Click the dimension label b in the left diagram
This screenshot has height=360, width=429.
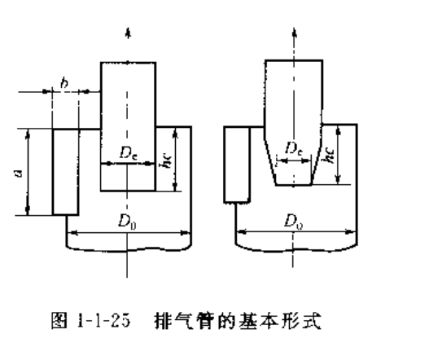(64, 83)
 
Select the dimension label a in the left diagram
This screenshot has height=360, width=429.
(19, 173)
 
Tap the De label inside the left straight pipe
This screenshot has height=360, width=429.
(128, 153)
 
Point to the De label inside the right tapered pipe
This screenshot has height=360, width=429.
(294, 148)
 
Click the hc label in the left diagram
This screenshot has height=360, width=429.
(166, 161)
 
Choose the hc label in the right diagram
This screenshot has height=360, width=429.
(328, 156)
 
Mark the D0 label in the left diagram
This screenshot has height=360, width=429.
(127, 222)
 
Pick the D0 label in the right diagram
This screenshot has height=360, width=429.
(293, 222)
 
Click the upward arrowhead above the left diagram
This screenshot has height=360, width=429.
(128, 33)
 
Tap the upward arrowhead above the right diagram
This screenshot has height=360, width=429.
(294, 33)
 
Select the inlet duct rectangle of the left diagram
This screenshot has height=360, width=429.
(66, 172)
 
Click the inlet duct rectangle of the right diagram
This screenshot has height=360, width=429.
(237, 165)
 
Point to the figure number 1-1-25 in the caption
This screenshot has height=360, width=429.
(103, 320)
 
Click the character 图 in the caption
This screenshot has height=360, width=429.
(59, 320)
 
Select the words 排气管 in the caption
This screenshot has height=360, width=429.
(184, 320)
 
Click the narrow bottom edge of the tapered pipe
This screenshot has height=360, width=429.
(293, 185)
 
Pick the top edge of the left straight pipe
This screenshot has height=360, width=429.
(129, 63)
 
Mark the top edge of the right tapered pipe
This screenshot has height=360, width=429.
(294, 60)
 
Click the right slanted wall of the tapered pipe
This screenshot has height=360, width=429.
(317, 162)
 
